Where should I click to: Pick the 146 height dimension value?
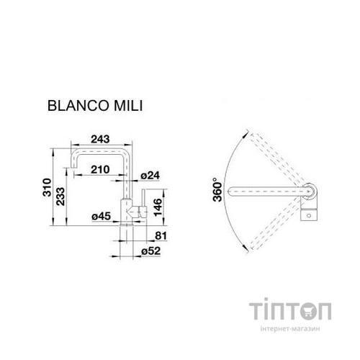pyautogui.click(x=166, y=205)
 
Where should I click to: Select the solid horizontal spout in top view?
pyautogui.click(x=266, y=192)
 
